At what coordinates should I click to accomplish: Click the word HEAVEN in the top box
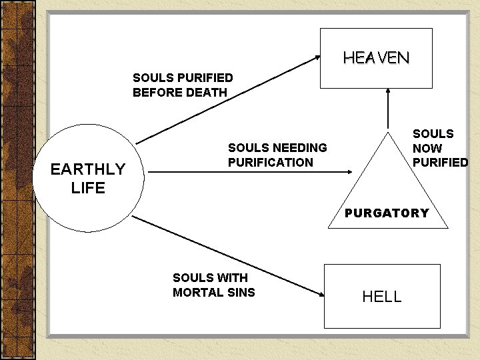tap(376, 58)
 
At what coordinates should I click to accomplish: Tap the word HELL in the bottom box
tap(382, 297)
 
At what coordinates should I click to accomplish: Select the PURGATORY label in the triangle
tap(387, 213)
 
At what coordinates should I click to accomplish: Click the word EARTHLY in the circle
tap(88, 169)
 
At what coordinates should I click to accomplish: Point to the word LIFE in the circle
tap(88, 188)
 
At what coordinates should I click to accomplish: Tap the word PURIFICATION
tap(270, 162)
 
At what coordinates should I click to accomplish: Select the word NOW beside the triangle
tap(427, 148)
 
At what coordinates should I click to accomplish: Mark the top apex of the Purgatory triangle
tap(386, 130)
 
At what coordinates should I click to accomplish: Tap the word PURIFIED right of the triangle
tap(440, 162)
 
